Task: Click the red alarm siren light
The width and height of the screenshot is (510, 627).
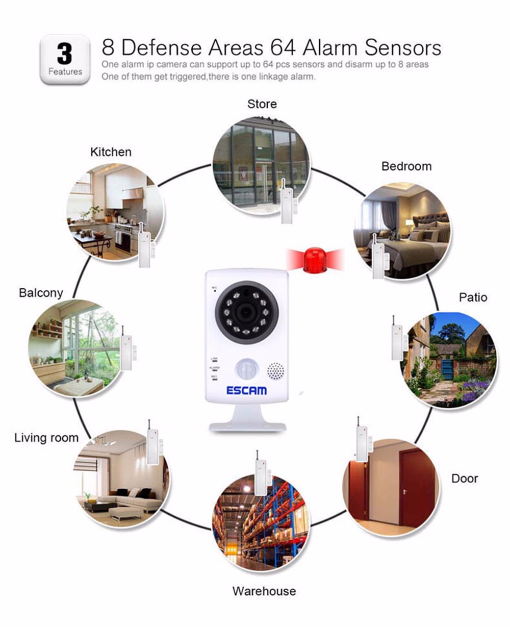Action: [315, 259]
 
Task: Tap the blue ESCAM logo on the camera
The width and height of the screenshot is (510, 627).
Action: [246, 390]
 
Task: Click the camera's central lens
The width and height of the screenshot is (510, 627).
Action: [246, 312]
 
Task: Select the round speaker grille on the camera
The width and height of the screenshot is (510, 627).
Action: [276, 370]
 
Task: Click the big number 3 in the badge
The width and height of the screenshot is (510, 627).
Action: [64, 54]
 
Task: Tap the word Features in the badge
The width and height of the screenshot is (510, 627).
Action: [65, 71]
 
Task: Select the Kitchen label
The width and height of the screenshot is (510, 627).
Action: [111, 152]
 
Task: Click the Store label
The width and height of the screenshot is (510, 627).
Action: [262, 104]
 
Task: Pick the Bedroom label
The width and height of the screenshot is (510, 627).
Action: [406, 166]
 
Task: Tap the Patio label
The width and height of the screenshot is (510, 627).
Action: [473, 297]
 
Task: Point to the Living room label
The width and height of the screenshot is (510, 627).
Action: [46, 438]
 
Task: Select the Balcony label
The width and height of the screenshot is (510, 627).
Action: [41, 293]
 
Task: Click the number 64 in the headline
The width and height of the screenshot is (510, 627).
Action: [283, 47]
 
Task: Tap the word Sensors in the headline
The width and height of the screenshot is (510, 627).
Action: [403, 47]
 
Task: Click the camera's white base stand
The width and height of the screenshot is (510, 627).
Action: [247, 418]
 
